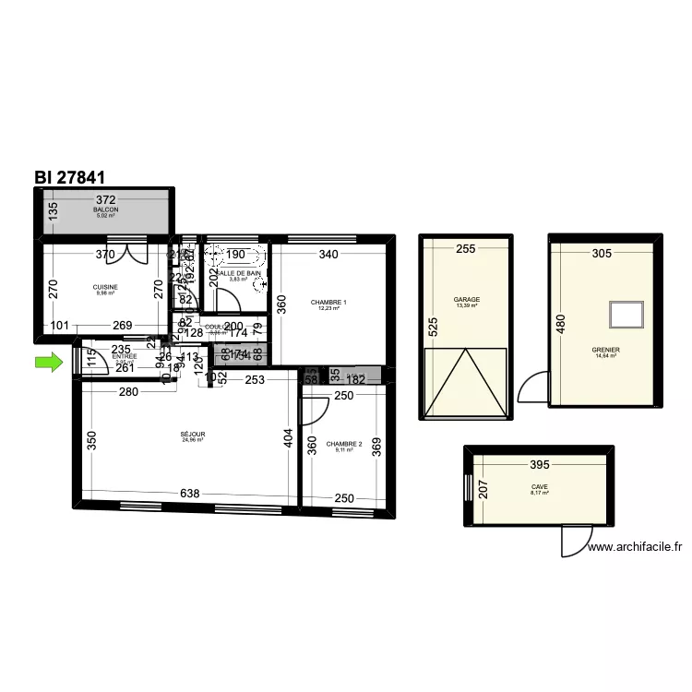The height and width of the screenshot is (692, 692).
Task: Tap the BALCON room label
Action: point(106,210)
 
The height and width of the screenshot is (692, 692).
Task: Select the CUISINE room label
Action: point(106,287)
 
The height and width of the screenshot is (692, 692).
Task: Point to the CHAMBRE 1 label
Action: point(328,303)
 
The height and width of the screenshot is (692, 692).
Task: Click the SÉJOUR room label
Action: point(193,434)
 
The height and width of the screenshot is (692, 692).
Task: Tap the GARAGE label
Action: point(466,300)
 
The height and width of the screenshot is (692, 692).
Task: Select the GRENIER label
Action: point(606,351)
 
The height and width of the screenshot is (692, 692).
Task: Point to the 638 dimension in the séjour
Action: point(189,495)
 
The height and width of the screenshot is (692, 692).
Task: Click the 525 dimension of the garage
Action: point(431,326)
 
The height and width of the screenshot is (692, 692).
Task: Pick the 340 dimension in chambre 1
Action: point(328,255)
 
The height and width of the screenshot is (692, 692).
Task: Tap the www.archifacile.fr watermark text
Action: point(635,546)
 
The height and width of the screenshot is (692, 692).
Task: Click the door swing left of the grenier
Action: point(533,388)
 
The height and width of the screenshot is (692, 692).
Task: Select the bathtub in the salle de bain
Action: point(235,256)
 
